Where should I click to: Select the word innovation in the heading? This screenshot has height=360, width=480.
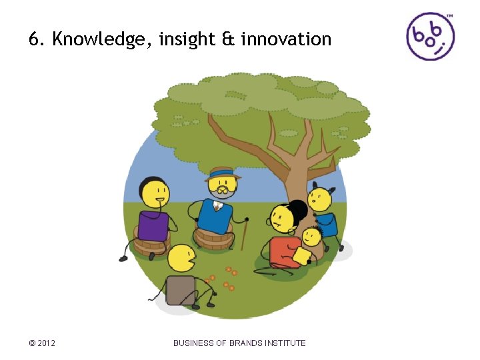click(286, 39)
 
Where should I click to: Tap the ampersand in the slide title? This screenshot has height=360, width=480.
click(228, 39)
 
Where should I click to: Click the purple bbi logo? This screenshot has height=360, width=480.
click(430, 36)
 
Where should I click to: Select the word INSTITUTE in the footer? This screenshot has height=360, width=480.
click(286, 343)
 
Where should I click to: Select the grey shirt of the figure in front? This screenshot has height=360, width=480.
click(180, 289)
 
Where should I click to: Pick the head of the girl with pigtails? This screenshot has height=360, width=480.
click(320, 199)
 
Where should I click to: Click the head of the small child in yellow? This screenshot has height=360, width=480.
click(311, 236)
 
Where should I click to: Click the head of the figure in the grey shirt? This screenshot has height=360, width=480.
click(181, 259)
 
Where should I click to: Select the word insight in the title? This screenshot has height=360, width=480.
click(187, 40)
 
